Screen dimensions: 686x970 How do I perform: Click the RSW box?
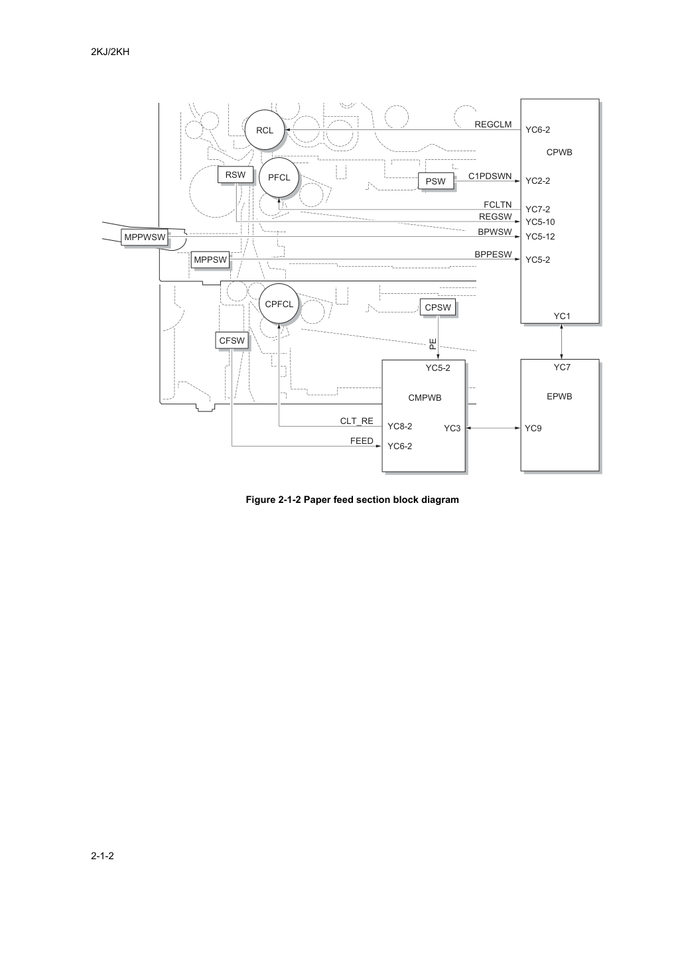click(236, 175)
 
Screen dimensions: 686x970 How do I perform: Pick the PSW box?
click(436, 181)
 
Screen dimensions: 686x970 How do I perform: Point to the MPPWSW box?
click(145, 238)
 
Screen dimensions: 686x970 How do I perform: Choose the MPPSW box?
click(210, 260)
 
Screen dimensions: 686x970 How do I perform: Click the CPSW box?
click(438, 307)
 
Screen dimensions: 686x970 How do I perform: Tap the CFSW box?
click(232, 340)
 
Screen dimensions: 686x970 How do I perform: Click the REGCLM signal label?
click(493, 124)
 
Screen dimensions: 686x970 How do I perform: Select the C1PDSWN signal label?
click(490, 176)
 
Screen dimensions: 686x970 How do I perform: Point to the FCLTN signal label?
click(498, 204)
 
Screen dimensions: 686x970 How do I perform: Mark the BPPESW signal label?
click(493, 254)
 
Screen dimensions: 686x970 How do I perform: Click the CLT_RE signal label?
click(356, 421)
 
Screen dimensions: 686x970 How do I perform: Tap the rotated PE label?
click(433, 344)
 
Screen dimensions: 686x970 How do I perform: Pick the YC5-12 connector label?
click(540, 236)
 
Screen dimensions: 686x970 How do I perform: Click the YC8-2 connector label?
click(400, 426)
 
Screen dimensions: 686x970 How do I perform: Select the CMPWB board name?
click(425, 397)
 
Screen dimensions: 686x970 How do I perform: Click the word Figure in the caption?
click(261, 500)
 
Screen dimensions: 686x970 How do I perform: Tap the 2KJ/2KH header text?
click(110, 52)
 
